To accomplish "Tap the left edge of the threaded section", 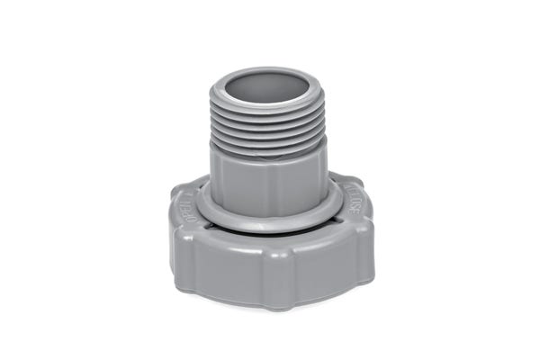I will pos(212,126).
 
